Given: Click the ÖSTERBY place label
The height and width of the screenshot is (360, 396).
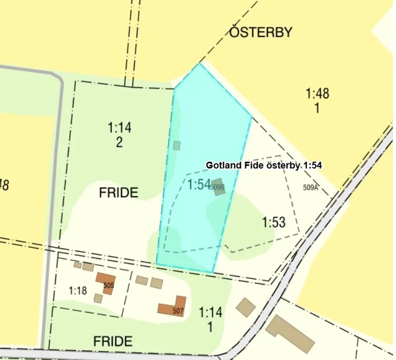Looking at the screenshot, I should click(x=261, y=33).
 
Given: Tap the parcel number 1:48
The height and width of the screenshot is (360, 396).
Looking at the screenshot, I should click(x=317, y=93).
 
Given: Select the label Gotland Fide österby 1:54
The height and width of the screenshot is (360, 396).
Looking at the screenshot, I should click(x=264, y=165).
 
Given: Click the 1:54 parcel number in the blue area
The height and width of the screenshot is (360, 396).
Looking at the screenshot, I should click(x=199, y=184).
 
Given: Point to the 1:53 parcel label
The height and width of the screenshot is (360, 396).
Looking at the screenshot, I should click(x=274, y=222).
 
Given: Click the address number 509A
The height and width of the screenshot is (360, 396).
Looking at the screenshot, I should click(x=311, y=188).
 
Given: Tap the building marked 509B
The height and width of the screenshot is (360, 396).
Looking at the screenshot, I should click(x=218, y=187).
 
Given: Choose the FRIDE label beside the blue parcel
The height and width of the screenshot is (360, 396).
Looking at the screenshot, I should click(x=119, y=193).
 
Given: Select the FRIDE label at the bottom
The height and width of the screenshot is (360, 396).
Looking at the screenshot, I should click(x=113, y=341).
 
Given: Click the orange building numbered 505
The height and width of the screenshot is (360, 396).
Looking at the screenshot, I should click(x=105, y=281).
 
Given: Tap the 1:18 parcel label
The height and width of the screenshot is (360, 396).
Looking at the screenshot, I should click(x=77, y=290).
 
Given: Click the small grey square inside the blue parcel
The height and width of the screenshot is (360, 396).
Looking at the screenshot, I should click(x=177, y=145).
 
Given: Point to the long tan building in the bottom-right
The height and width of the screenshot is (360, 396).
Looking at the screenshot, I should click(x=290, y=334).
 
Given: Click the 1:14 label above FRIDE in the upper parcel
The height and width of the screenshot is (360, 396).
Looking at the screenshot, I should click(x=120, y=128).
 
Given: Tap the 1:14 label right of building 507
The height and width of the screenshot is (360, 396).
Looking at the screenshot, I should click(x=211, y=312).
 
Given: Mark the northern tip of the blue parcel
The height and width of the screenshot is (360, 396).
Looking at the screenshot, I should click(x=199, y=64).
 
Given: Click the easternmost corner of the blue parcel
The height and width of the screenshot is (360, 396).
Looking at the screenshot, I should click(x=252, y=116).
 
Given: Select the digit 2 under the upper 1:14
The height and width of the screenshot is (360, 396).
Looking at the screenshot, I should click(x=120, y=142).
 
